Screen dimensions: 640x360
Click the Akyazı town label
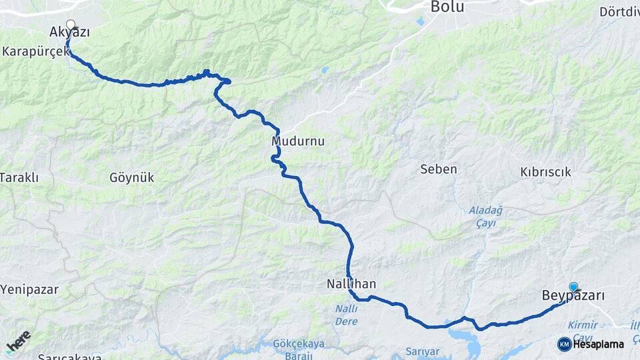pos(69,32)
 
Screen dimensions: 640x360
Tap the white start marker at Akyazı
pos(70,25)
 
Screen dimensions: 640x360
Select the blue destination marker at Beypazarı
pos(573,287)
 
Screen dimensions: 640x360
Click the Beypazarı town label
pos(573,296)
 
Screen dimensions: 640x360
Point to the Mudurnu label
pos(293,141)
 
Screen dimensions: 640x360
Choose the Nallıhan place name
pos(351,283)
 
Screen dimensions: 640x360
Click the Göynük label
pos(131,177)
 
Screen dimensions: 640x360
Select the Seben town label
pos(439,169)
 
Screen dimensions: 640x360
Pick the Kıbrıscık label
pos(545,172)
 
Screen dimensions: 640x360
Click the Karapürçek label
pos(35,51)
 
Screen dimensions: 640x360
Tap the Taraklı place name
pos(20,177)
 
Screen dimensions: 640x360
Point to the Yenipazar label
pos(29,289)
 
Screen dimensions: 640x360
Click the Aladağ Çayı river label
pos(482,217)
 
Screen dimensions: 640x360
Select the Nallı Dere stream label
pos(346,315)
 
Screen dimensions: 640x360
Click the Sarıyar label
pos(423,351)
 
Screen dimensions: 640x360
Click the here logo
pos(18,341)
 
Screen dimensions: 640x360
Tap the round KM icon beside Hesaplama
pos(564,344)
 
